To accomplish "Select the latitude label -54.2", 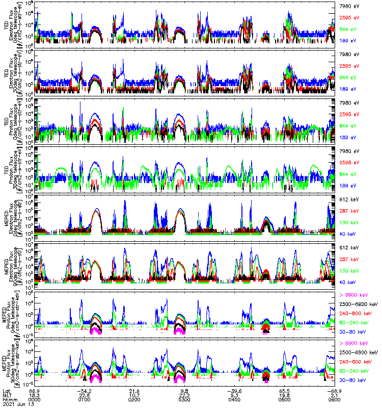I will click(86, 391).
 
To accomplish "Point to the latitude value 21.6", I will click(136, 391).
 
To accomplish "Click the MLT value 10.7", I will click(136, 396).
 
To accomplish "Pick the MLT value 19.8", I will click(285, 396).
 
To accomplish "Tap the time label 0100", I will click(86, 400).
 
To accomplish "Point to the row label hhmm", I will click(9, 400).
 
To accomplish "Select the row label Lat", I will click(6, 391).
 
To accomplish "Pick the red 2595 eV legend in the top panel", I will click(349, 17).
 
